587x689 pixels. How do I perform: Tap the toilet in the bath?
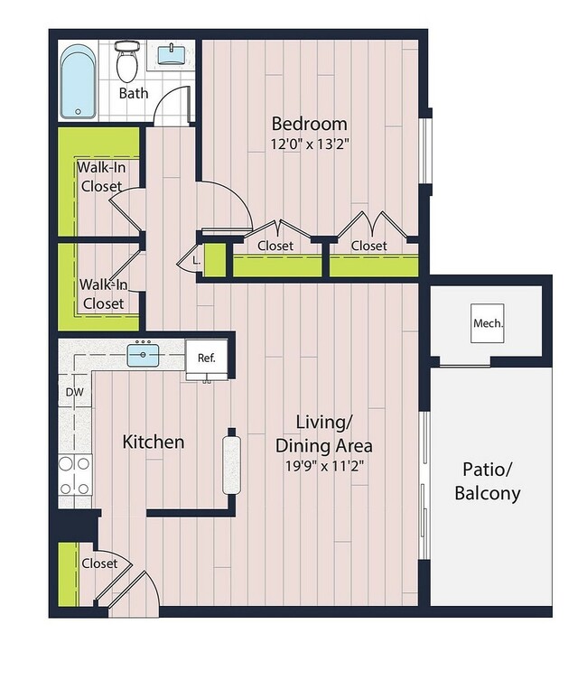click(128, 61)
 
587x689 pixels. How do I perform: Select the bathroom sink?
click(170, 55)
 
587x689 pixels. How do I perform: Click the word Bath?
click(133, 93)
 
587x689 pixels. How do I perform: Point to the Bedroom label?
click(309, 124)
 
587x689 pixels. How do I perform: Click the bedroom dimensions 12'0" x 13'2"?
click(310, 143)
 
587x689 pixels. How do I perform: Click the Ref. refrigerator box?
click(207, 358)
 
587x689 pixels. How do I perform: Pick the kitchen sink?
click(144, 355)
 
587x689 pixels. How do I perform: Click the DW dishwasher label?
click(74, 392)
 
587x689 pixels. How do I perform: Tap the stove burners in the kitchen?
click(75, 475)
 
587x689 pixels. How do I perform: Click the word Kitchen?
click(154, 442)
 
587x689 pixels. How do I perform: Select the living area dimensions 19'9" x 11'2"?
click(323, 467)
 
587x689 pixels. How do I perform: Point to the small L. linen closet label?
click(196, 260)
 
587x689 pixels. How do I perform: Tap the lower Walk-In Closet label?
click(103, 294)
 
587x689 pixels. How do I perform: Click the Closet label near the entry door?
click(99, 563)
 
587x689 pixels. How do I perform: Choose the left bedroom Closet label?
click(275, 246)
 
